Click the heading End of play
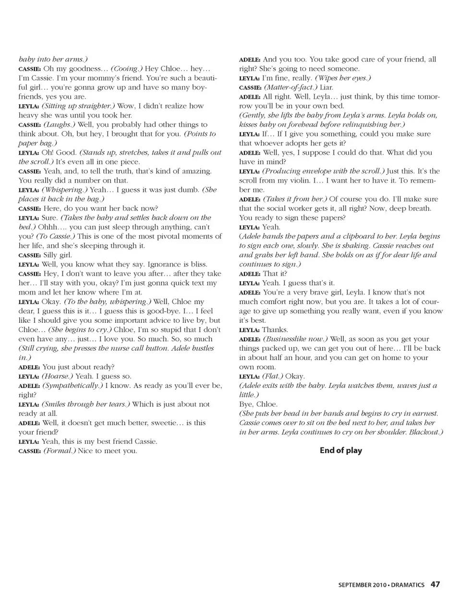(x=340, y=451)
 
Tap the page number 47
(x=435, y=585)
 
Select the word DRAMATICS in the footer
(x=408, y=585)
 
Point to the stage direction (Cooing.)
(x=127, y=69)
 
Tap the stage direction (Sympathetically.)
(x=73, y=386)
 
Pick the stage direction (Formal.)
(x=60, y=451)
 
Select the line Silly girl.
(x=58, y=255)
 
